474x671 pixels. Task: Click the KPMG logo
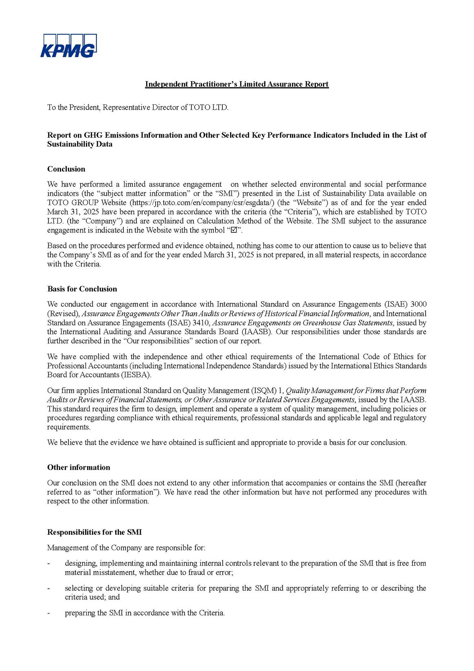point(68,46)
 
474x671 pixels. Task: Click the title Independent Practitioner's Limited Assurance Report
point(237,84)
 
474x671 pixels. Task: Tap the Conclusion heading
point(66,169)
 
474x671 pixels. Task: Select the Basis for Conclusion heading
point(82,289)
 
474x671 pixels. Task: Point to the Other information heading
point(79,467)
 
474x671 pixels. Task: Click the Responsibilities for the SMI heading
point(94,532)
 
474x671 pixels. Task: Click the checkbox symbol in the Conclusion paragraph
point(234,230)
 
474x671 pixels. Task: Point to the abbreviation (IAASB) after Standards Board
point(252,331)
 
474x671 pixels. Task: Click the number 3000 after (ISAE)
point(418,304)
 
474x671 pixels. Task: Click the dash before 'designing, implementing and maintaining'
point(49,563)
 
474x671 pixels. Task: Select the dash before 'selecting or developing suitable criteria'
point(49,588)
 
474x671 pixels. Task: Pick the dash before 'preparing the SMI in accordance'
point(49,613)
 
